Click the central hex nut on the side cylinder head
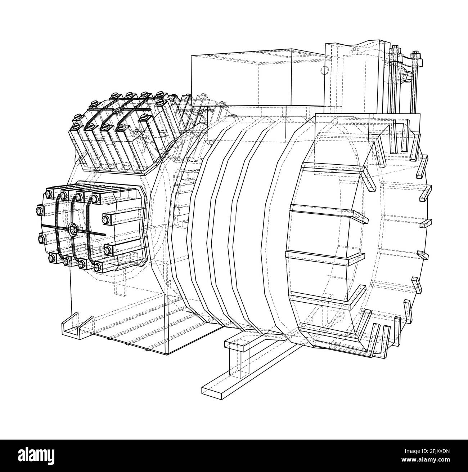tap(72, 229)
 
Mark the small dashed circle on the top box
tap(325, 70)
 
